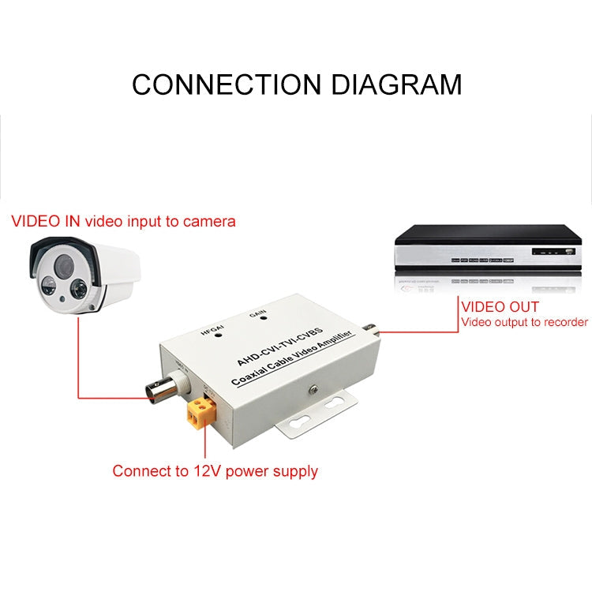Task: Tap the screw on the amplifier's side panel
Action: (313, 388)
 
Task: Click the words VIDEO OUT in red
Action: (500, 306)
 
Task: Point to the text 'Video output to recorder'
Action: (524, 322)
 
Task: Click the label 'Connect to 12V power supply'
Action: (215, 471)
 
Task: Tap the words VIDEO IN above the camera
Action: (45, 221)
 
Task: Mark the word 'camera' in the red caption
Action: (209, 221)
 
